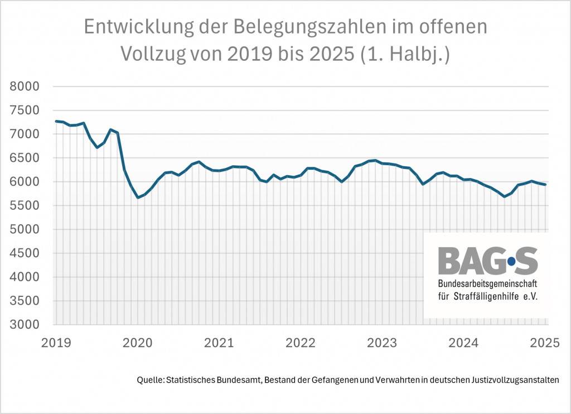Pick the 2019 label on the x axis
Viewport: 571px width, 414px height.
pyautogui.click(x=55, y=343)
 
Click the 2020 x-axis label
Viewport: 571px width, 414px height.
pyautogui.click(x=137, y=343)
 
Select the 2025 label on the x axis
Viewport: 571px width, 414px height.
pyautogui.click(x=545, y=343)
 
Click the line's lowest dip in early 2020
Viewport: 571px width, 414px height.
pyautogui.click(x=137, y=198)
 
